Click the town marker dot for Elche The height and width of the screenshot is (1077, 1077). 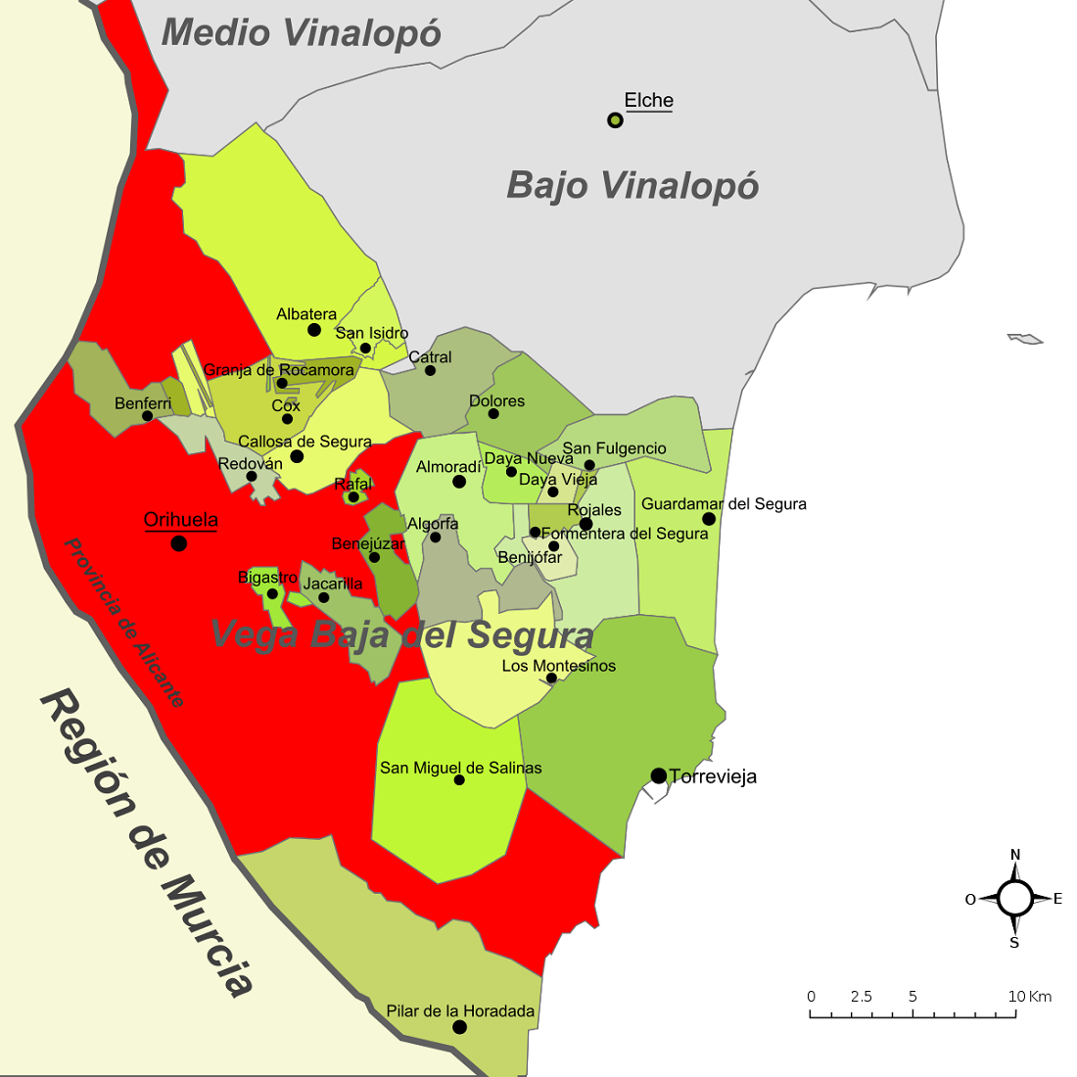click(x=615, y=120)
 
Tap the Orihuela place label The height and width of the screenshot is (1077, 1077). click(x=180, y=520)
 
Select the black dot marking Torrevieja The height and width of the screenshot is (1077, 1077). click(x=659, y=776)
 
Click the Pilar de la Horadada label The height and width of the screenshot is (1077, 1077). click(x=460, y=1010)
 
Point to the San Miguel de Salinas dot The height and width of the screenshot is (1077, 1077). click(x=459, y=780)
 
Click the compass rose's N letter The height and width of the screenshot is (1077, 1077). click(x=1015, y=855)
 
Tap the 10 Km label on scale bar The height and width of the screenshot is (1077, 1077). click(x=1029, y=997)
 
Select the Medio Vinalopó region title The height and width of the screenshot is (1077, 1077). click(x=301, y=32)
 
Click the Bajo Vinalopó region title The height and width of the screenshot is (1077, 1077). click(x=632, y=185)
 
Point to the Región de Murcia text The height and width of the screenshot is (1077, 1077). click(x=147, y=842)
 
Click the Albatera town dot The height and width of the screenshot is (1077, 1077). click(x=314, y=330)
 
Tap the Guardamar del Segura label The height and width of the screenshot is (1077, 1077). click(x=724, y=504)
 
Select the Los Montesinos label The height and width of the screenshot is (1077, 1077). click(x=558, y=666)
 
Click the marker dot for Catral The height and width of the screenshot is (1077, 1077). click(x=430, y=370)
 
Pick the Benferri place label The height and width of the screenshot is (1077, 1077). click(x=143, y=403)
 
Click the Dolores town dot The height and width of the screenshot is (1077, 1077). click(x=493, y=414)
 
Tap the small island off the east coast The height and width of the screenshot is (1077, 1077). click(x=1025, y=339)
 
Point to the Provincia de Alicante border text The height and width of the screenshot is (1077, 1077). click(x=123, y=623)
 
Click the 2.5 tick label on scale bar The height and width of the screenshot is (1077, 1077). click(x=861, y=997)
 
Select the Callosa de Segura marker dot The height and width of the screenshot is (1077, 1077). click(x=297, y=456)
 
